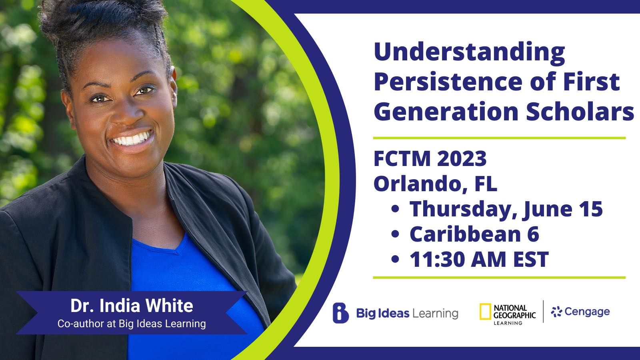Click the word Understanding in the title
pyautogui.click(x=469, y=54)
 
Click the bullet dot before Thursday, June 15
pyautogui.click(x=395, y=209)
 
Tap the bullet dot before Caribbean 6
pyautogui.click(x=395, y=234)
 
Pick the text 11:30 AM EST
pyautogui.click(x=479, y=260)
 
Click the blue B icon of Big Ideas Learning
pyautogui.click(x=340, y=313)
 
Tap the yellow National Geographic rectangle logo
pyautogui.click(x=485, y=312)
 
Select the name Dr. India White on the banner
pyautogui.click(x=132, y=306)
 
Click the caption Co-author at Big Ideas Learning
pyautogui.click(x=132, y=324)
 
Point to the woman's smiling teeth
pyautogui.click(x=132, y=139)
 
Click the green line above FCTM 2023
pyautogui.click(x=500, y=138)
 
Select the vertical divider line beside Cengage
pyautogui.click(x=543, y=312)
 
